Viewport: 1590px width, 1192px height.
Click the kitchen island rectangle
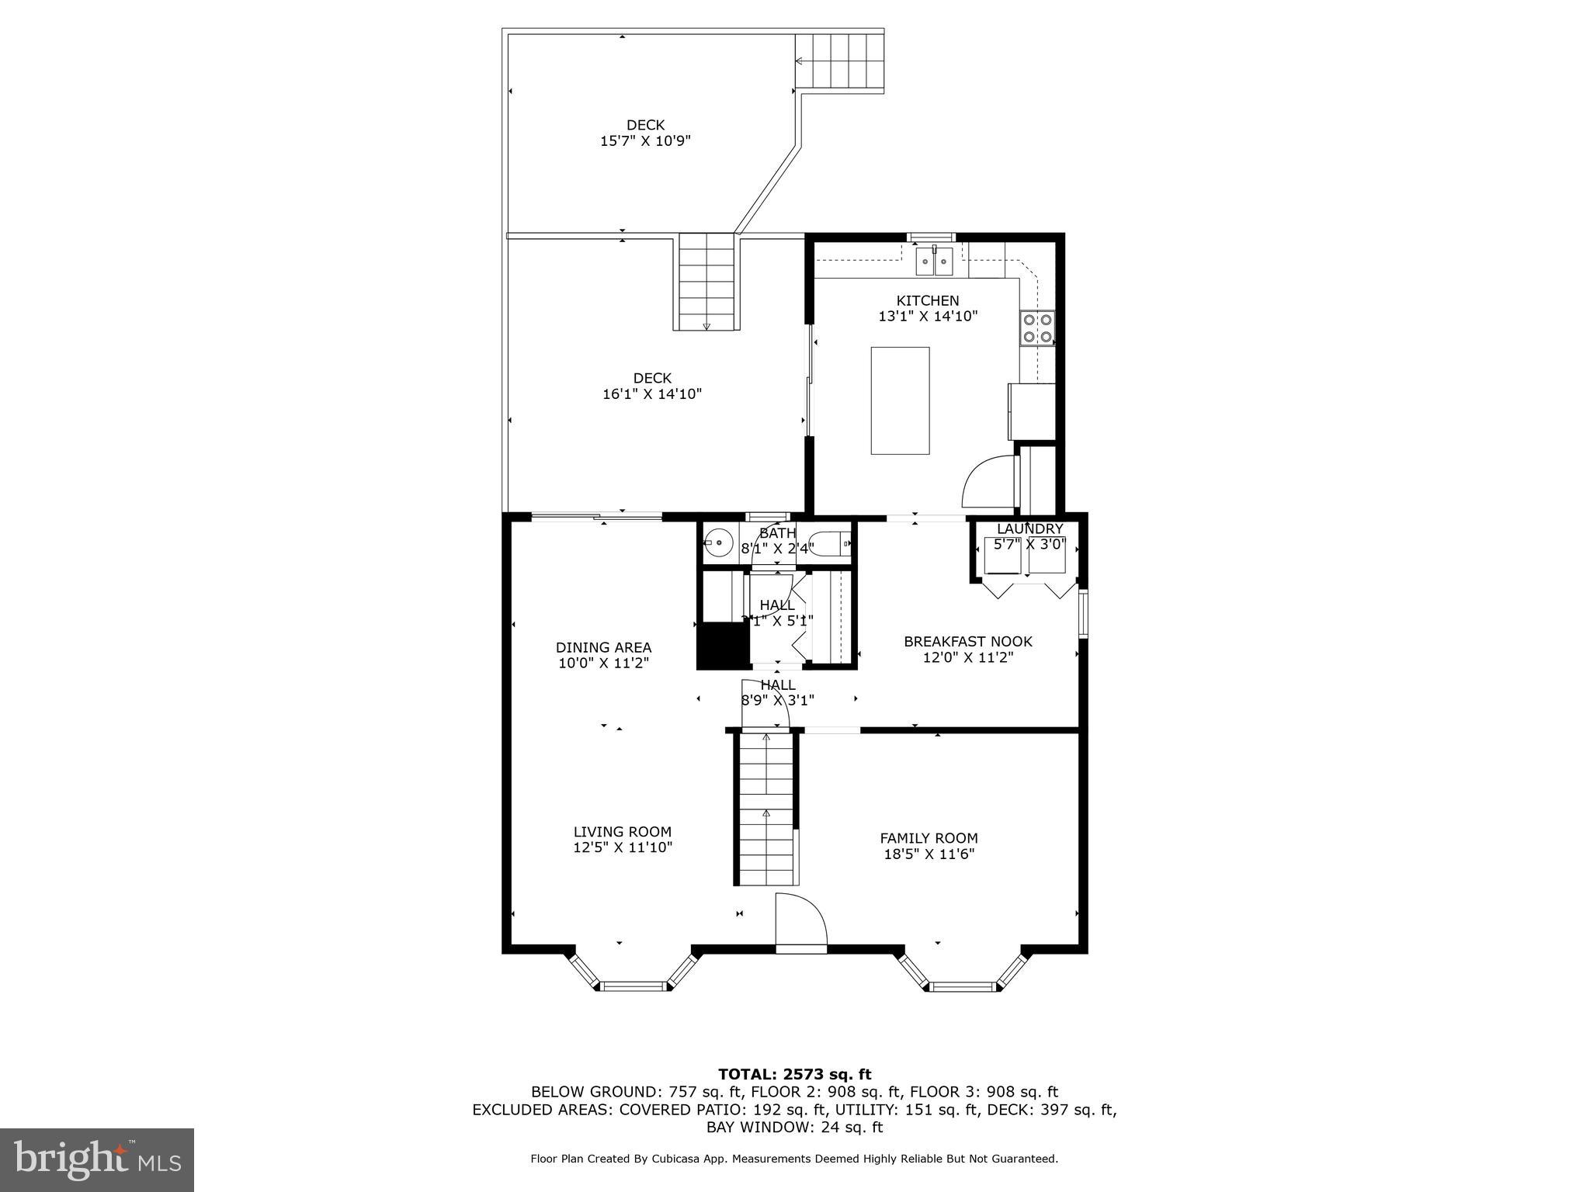coord(900,400)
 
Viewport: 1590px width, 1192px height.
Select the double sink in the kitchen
coord(934,262)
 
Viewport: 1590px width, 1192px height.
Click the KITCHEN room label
coord(928,300)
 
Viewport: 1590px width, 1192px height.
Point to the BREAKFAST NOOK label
coord(967,641)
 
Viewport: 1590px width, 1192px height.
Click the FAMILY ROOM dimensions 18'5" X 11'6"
coord(929,854)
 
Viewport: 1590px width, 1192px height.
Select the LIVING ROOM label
coord(622,832)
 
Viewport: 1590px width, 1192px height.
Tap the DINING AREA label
coord(603,647)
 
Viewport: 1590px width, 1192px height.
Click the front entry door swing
coord(802,923)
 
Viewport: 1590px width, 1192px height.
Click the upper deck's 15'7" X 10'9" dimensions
coord(645,141)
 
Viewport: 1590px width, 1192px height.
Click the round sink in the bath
coord(720,542)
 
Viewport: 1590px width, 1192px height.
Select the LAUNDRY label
coord(1029,528)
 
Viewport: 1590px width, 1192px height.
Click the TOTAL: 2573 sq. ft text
coord(794,1074)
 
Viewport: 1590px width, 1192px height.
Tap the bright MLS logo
coord(96,1159)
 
